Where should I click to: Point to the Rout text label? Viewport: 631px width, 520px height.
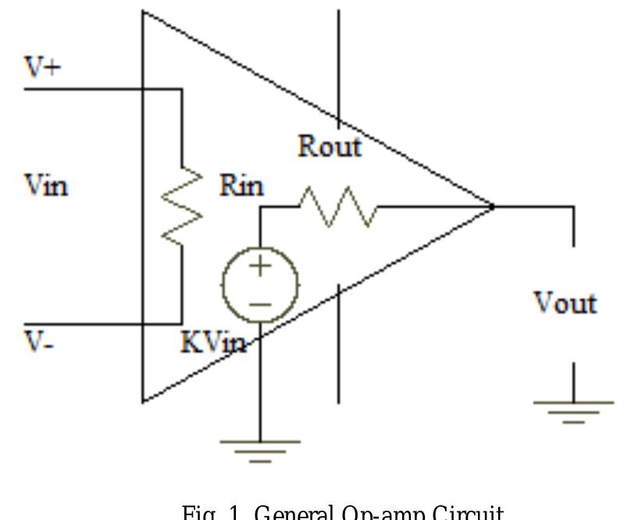click(330, 146)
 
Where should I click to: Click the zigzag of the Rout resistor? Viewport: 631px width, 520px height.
click(338, 206)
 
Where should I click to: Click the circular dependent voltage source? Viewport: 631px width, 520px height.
click(260, 285)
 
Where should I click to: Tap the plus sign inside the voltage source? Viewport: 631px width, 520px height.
click(260, 266)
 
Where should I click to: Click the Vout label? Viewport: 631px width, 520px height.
click(565, 303)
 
